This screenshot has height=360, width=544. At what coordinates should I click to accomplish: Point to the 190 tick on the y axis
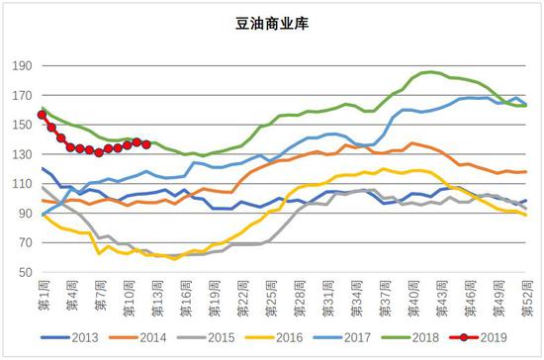[22, 66]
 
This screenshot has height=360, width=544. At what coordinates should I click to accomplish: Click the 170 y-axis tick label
[22, 96]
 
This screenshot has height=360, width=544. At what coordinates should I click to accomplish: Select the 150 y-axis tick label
[22, 126]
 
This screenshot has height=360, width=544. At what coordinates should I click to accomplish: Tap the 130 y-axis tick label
[22, 154]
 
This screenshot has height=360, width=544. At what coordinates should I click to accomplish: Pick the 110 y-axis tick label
[22, 184]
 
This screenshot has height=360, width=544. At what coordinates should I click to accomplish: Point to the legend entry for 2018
[420, 339]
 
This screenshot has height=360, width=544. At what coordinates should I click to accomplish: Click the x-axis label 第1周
[43, 294]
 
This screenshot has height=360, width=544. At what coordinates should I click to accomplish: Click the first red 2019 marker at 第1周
[42, 115]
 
